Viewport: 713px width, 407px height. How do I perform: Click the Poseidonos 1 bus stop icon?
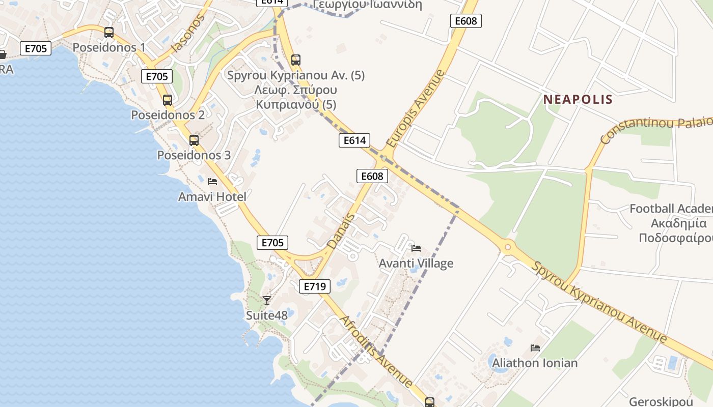click(109, 33)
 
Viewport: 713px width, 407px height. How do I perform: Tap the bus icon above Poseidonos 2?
click(168, 100)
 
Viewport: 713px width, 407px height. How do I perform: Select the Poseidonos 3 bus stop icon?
click(194, 140)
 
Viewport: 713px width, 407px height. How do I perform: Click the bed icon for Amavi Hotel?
click(212, 182)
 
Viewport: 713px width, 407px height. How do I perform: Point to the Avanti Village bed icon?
click(416, 248)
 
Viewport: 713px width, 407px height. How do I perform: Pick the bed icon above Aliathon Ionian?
click(535, 348)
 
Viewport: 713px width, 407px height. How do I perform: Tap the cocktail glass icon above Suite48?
click(266, 300)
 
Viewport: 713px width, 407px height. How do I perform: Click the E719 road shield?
click(314, 286)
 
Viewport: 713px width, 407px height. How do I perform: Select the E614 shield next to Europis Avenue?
click(354, 140)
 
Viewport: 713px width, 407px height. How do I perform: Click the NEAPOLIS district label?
click(578, 99)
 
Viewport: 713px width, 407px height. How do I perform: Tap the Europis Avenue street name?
click(416, 109)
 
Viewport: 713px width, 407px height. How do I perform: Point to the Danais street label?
click(341, 231)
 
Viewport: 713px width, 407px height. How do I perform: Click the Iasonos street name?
click(188, 34)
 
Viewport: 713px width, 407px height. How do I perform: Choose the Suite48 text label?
click(267, 315)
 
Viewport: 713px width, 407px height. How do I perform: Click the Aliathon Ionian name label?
click(535, 363)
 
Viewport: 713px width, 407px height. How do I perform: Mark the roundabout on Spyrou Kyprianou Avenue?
click(507, 248)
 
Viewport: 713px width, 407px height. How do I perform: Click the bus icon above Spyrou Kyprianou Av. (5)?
click(296, 60)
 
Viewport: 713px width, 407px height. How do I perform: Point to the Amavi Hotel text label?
click(212, 196)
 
